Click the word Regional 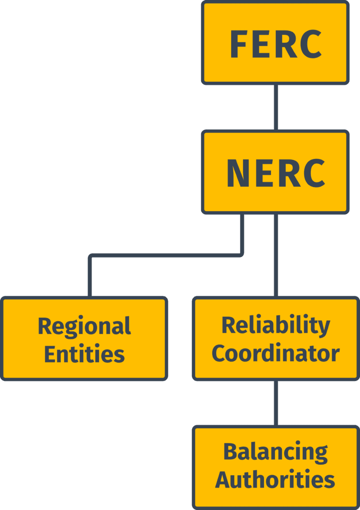[84, 327]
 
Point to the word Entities [84, 354]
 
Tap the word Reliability [275, 325]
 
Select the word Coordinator [275, 353]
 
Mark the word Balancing [275, 452]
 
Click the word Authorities [275, 480]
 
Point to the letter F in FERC [239, 44]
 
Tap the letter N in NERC [237, 174]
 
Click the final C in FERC [311, 44]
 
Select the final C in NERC [314, 174]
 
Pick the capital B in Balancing [230, 452]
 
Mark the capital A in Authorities [223, 480]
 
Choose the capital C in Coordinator [219, 353]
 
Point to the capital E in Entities [50, 354]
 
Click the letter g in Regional [71, 329]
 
